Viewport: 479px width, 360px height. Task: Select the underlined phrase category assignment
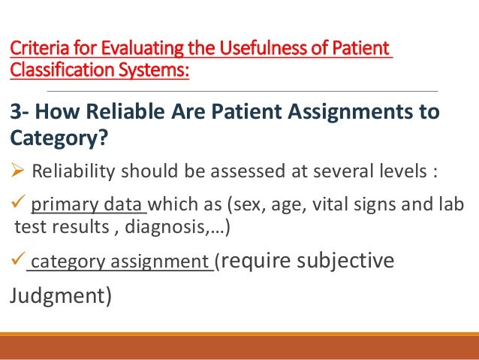pos(119,263)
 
